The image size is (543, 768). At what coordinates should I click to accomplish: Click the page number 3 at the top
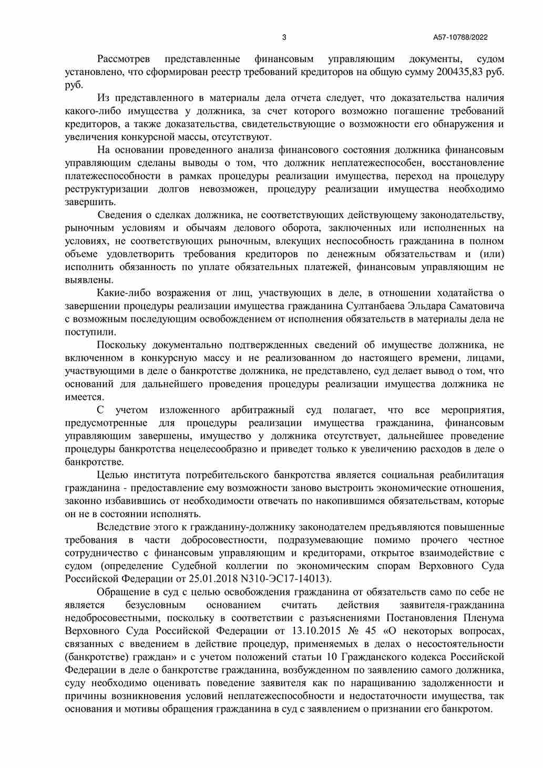[284, 37]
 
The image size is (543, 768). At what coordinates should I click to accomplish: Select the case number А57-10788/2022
[460, 37]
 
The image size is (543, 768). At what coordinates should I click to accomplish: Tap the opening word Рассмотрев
[124, 59]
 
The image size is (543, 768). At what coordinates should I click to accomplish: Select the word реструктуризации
[106, 189]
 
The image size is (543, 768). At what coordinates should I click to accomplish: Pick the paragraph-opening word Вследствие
[124, 527]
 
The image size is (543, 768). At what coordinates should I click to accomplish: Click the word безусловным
[156, 605]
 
